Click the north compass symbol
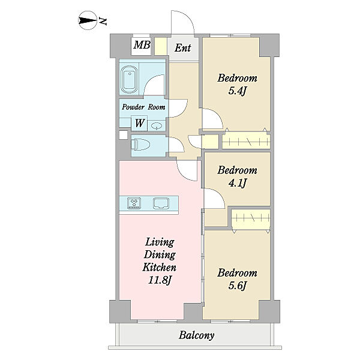pos(87,20)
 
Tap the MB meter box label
pos(142,45)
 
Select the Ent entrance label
pos(183,48)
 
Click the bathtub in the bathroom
pos(130,79)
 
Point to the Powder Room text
pos(143,107)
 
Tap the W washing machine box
pos(139,123)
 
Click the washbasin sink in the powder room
pos(157,126)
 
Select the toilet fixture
pos(140,145)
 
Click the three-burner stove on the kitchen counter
pos(134,203)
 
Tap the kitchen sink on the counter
pos(161,203)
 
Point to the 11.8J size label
pos(160,280)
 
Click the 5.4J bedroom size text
pos(237,91)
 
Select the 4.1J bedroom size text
pos(238,183)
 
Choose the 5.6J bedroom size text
pos(238,286)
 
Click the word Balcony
pos(197,335)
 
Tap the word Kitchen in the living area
pos(160,267)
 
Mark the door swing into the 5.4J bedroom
pos(217,115)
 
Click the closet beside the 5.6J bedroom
pos(251,219)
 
